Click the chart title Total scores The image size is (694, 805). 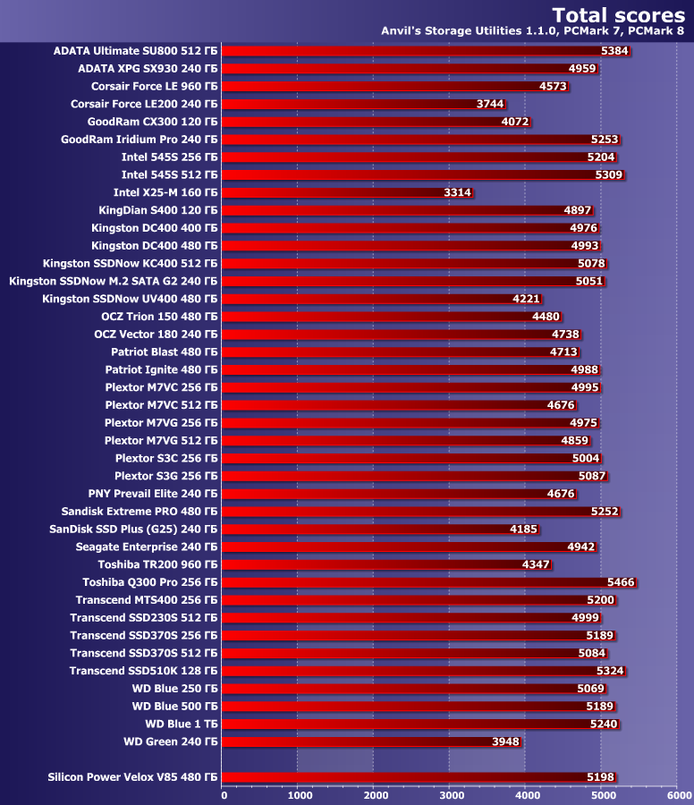coord(618,14)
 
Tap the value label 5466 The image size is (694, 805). coord(621,582)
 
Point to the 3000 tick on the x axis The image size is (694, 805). coord(449,794)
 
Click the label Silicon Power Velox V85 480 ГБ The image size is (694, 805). coord(132,777)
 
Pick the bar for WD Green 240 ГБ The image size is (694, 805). coord(371,741)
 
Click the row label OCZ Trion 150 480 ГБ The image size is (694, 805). coord(159,317)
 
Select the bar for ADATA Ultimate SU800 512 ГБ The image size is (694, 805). coord(426,51)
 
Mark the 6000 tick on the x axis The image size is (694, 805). coord(677,794)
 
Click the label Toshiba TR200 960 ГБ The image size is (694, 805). coord(157,564)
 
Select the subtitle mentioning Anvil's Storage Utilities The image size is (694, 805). coord(533,31)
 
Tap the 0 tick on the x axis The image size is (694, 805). coord(224,794)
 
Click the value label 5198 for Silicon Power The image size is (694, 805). coord(600,777)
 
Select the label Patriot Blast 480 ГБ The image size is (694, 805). coord(164,352)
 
